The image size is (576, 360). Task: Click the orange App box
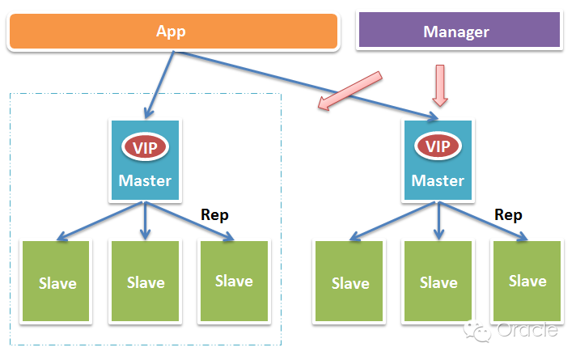click(x=173, y=32)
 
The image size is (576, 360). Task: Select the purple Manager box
click(x=460, y=30)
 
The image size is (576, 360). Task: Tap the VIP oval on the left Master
click(x=145, y=147)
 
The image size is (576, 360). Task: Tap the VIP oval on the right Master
click(x=438, y=146)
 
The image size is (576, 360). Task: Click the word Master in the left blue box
click(x=145, y=180)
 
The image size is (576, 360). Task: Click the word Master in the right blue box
click(x=438, y=180)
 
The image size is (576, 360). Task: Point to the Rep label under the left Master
click(x=214, y=215)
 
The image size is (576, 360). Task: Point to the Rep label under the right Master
click(x=508, y=215)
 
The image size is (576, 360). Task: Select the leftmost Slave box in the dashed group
click(x=56, y=281)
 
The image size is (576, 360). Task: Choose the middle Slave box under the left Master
click(x=145, y=281)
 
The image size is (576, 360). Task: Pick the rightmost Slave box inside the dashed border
click(x=234, y=281)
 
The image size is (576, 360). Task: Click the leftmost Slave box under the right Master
click(x=349, y=281)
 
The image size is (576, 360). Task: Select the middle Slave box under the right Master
click(x=438, y=281)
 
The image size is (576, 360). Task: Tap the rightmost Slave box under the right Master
click(x=527, y=281)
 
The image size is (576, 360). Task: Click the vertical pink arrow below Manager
click(x=440, y=86)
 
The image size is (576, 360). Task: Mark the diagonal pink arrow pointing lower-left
click(x=349, y=91)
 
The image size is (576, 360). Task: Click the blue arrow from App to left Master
click(x=159, y=85)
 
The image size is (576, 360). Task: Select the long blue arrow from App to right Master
click(x=306, y=86)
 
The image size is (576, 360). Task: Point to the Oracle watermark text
click(x=527, y=329)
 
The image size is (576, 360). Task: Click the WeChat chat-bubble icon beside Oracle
click(x=477, y=331)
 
